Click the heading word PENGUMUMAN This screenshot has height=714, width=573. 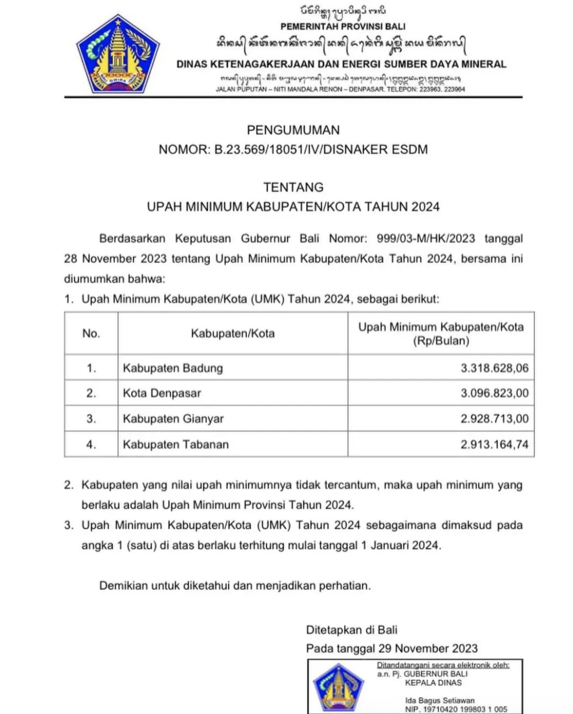[x=293, y=130]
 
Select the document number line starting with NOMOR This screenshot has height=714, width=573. [x=293, y=149]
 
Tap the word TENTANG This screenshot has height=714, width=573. [x=293, y=187]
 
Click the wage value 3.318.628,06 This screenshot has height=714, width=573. [x=494, y=368]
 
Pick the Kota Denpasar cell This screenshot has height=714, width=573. [x=162, y=393]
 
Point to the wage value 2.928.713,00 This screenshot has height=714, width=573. [x=494, y=419]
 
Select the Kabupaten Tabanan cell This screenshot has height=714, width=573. [x=176, y=445]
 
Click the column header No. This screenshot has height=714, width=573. [x=91, y=333]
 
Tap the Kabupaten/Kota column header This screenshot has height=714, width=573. [x=233, y=333]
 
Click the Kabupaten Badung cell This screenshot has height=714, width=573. [x=173, y=368]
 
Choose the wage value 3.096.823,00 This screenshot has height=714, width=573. [x=494, y=393]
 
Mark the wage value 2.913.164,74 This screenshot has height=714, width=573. [x=494, y=445]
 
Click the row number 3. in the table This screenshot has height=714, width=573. [x=91, y=419]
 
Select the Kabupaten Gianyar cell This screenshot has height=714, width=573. [x=173, y=419]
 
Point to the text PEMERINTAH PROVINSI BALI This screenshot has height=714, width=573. [x=343, y=26]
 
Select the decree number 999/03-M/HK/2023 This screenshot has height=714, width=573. [x=425, y=239]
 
